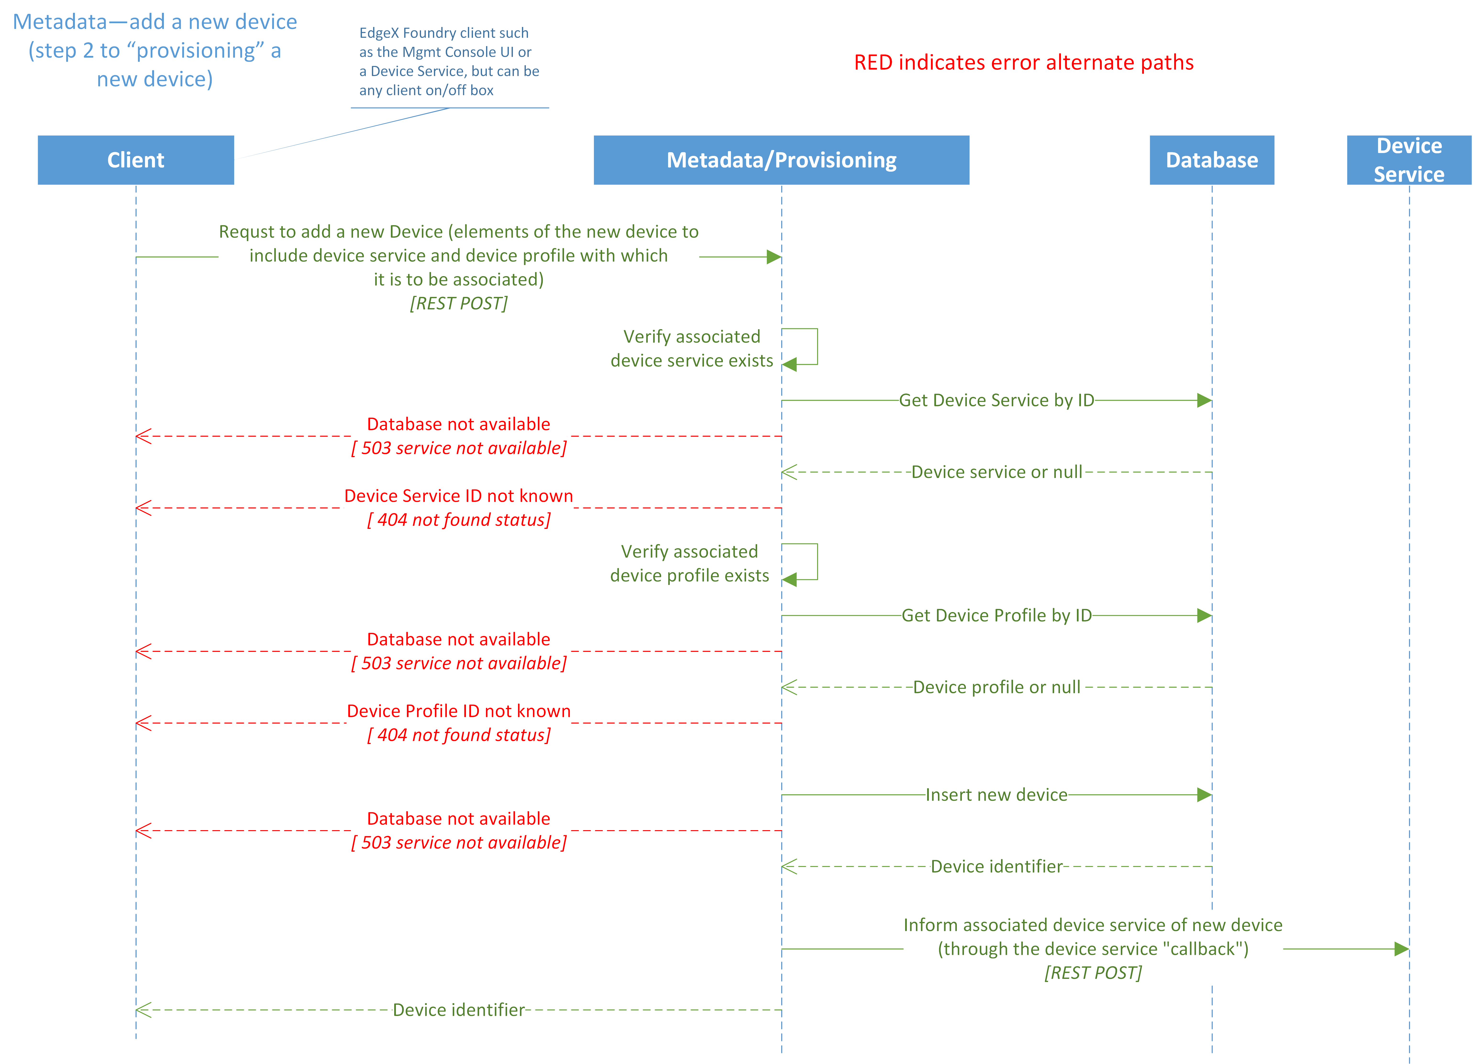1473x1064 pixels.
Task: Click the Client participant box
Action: (x=136, y=160)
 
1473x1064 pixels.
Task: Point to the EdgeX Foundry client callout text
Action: (x=448, y=62)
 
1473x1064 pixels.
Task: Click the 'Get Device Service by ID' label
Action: (x=996, y=400)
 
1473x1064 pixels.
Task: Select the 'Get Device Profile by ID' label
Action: (x=996, y=615)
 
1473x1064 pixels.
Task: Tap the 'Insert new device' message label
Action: (x=996, y=795)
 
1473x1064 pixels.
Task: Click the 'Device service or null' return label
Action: (x=996, y=472)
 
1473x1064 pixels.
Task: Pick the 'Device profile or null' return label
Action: (x=996, y=687)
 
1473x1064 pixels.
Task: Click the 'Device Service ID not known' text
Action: (x=459, y=496)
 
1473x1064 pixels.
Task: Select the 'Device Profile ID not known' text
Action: (x=459, y=711)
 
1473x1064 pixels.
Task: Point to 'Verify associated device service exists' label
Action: (x=692, y=349)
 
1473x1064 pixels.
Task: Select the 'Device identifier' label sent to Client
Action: (x=459, y=1010)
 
